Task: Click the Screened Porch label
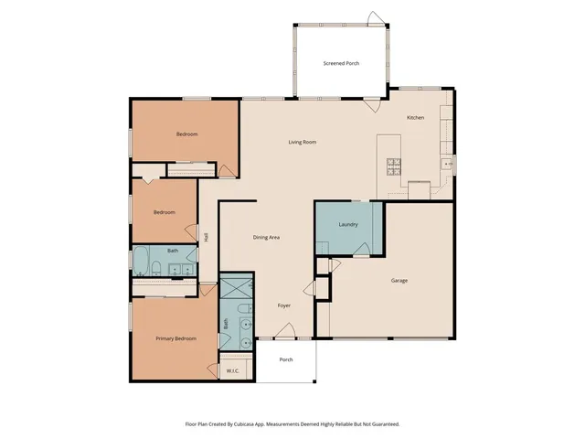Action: coord(341,64)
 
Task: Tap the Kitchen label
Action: coord(415,118)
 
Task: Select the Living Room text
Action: coord(303,142)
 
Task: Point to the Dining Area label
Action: coord(266,237)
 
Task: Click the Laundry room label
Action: coord(347,224)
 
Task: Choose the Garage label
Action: coord(399,280)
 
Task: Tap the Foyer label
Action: coord(284,305)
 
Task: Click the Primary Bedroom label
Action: coord(175,338)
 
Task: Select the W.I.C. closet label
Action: coord(232,370)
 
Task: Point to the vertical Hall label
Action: coord(207,237)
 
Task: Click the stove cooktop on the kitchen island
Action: coord(394,166)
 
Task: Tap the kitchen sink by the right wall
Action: coord(447,163)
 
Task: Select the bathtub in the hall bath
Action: coord(142,262)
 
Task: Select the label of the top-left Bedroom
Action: coord(186,134)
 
